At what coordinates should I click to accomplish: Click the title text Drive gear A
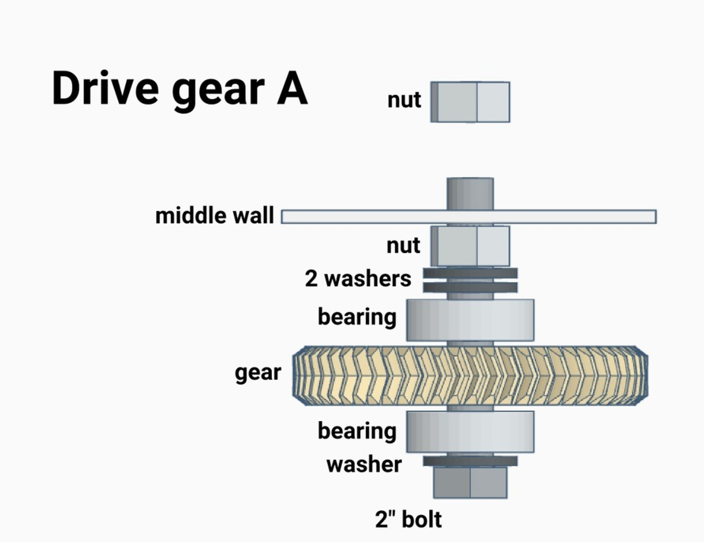[179, 89]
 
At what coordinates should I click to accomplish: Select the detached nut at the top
[470, 102]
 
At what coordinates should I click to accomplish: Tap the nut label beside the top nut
[404, 100]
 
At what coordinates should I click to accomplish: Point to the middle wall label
[215, 216]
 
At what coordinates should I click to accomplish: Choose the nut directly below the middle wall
[470, 246]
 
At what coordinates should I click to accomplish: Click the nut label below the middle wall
[403, 246]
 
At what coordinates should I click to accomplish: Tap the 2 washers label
[358, 279]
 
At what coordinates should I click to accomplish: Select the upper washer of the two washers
[470, 273]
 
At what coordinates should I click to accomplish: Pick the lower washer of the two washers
[470, 287]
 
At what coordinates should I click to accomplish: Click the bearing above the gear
[470, 320]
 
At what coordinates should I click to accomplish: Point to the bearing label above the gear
[357, 317]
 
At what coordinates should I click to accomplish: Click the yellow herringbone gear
[470, 376]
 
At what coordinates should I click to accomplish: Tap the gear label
[258, 373]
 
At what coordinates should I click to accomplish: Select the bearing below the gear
[470, 431]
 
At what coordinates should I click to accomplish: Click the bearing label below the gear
[357, 431]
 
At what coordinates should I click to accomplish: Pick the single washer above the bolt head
[470, 461]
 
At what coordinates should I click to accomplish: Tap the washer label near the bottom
[364, 465]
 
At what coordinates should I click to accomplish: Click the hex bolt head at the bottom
[470, 483]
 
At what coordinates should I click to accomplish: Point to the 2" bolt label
[408, 520]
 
